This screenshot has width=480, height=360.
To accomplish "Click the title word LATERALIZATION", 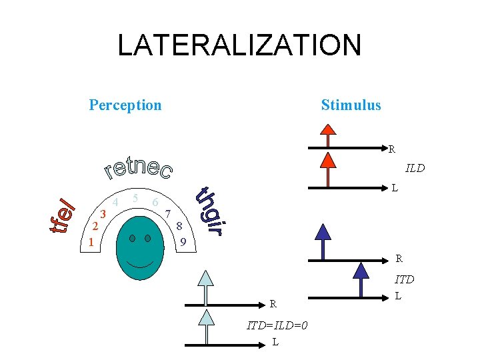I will (239, 46).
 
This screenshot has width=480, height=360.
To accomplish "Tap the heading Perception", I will (125, 105).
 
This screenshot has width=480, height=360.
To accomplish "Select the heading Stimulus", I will (351, 105).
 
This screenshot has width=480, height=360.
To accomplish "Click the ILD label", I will (415, 168).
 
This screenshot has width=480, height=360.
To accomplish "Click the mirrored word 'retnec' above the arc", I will (139, 169).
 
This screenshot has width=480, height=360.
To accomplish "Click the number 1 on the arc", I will (91, 243).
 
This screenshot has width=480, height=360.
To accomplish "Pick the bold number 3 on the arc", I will (103, 213).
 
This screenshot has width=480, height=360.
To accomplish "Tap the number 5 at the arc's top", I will (135, 198).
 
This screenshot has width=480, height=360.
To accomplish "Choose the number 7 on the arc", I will (169, 214).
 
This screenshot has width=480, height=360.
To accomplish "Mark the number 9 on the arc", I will (183, 242).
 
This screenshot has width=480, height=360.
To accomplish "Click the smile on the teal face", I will (139, 263).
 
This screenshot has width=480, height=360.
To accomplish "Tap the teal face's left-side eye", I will (133, 239).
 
